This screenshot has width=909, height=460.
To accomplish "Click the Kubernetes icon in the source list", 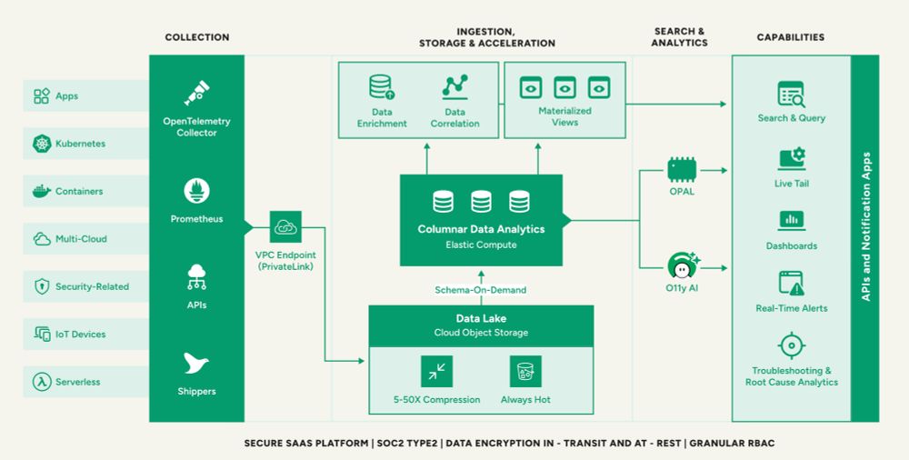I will click(42, 144).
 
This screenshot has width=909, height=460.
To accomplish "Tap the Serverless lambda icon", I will click(42, 382).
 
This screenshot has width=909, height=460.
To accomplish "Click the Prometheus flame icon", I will click(196, 191).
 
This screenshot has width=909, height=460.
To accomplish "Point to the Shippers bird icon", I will click(196, 364).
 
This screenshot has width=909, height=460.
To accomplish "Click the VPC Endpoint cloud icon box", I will click(285, 227).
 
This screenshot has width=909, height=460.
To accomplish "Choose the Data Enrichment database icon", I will click(382, 87).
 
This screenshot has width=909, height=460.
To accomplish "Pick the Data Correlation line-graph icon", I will click(454, 87).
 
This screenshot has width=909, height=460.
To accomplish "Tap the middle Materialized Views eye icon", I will click(564, 88).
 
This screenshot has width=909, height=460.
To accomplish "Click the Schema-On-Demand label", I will click(481, 289).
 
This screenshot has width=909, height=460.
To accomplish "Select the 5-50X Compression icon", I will click(436, 371).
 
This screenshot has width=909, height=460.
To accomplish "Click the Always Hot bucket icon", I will click(525, 371).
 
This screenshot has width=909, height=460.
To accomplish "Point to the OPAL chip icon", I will click(682, 169).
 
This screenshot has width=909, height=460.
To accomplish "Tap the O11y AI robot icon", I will click(682, 266).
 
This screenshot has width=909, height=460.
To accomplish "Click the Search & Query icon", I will click(792, 95).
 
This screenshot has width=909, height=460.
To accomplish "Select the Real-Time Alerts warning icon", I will click(792, 284).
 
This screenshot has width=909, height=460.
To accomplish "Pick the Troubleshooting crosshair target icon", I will click(792, 346).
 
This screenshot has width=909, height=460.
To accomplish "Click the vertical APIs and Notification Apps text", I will click(866, 226).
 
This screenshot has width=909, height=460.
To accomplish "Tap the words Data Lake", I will click(481, 318).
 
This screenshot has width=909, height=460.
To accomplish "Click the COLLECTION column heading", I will click(197, 37).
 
